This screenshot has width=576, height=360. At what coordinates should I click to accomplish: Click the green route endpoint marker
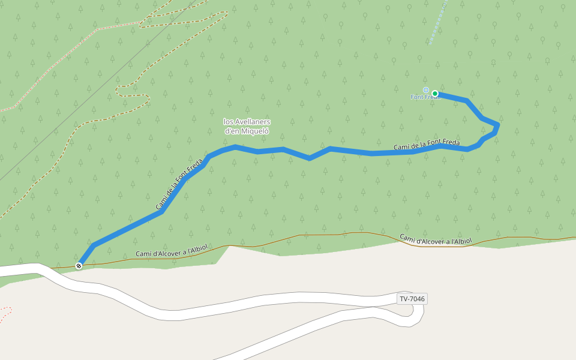[x=434, y=94]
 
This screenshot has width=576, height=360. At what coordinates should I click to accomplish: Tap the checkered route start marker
[x=79, y=266]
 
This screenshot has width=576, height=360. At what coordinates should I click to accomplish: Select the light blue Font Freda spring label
[x=425, y=97]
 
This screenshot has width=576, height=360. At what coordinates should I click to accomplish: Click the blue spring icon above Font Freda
[x=426, y=90]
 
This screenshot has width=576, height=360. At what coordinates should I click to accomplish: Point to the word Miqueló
[x=256, y=131]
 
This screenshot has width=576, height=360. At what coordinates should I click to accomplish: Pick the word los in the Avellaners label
[x=229, y=122]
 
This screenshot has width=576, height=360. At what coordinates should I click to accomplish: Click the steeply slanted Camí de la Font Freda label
[x=178, y=188]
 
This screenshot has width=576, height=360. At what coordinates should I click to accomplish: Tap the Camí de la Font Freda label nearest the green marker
[x=427, y=145]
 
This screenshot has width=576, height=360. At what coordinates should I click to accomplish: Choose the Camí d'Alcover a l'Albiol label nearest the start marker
[x=171, y=250]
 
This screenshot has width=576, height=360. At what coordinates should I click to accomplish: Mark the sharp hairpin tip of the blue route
[x=497, y=125]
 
